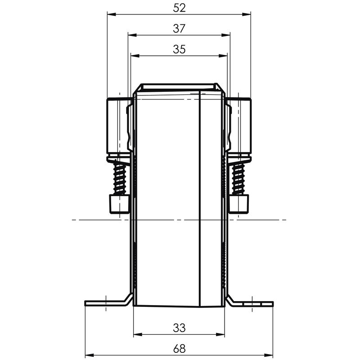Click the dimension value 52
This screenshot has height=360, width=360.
[179, 8]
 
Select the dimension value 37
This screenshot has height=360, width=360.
[179, 28]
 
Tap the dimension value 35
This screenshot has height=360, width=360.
[179, 49]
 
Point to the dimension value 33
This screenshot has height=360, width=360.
[179, 328]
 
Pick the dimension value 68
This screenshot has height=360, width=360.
[179, 348]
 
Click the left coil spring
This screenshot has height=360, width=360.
[120, 178]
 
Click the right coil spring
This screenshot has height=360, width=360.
[238, 178]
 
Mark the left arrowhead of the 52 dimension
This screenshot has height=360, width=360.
[110, 14]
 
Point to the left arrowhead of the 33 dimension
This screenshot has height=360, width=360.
[137, 334]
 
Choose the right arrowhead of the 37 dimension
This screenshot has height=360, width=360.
[227, 35]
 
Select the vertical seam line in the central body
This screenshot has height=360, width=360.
[199, 198]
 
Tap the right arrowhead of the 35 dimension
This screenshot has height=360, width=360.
[224, 56]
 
